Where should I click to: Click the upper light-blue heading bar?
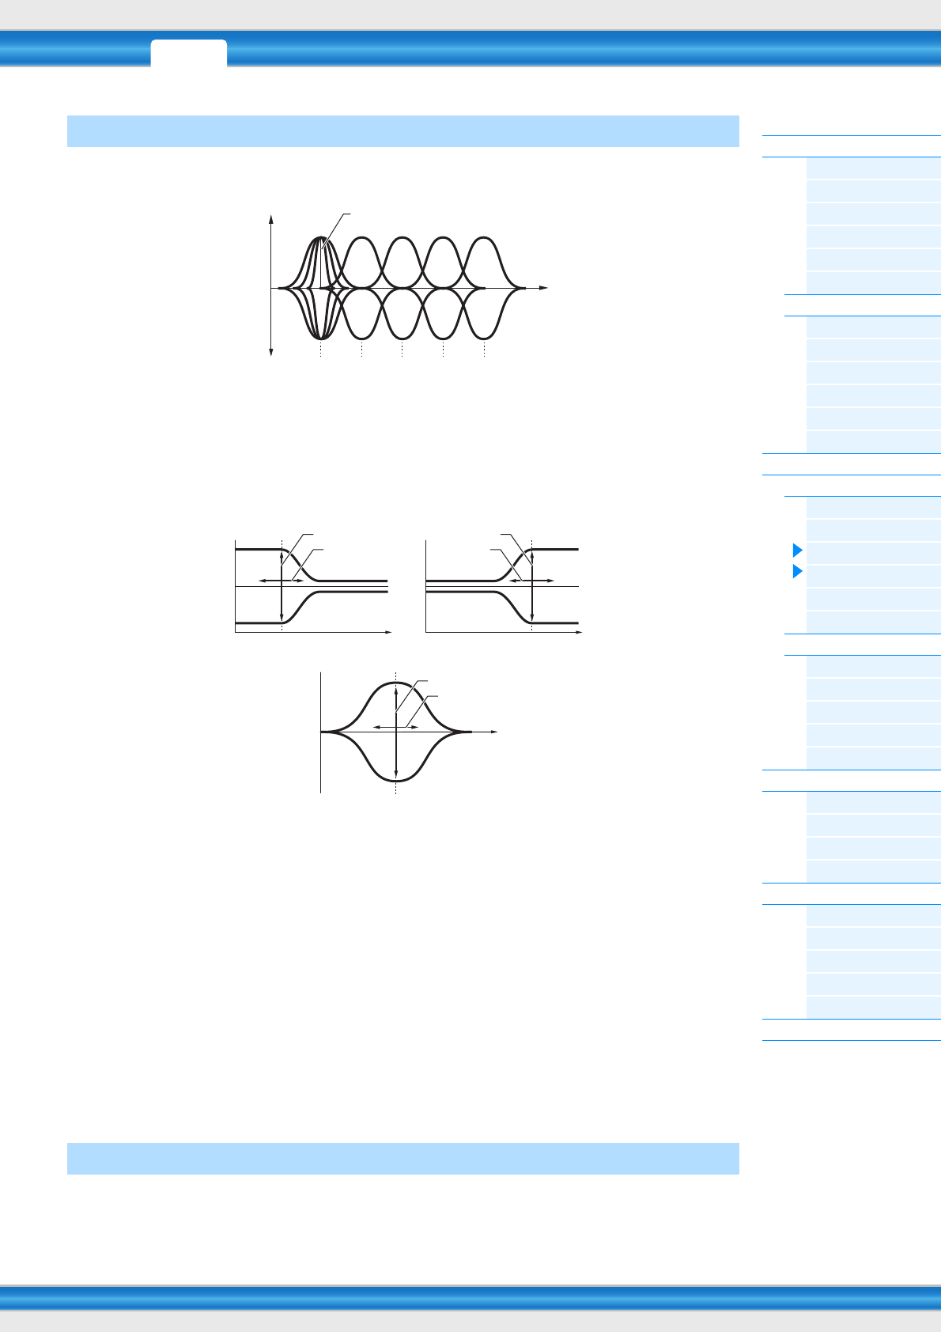coord(402,131)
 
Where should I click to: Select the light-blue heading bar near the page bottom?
coord(402,1158)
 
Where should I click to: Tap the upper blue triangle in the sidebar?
coord(797,550)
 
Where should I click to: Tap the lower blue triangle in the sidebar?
coord(797,571)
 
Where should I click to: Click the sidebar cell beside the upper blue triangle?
coord(873,553)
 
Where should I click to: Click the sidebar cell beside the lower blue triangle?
coord(873,576)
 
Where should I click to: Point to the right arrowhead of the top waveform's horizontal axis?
coord(545,288)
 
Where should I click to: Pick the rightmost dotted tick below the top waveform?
coord(484,350)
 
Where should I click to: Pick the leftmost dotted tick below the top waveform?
coord(320,350)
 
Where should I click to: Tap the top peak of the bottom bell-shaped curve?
coord(395,682)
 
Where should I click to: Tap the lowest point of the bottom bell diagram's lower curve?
coord(395,781)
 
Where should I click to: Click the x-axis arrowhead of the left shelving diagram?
coord(389,633)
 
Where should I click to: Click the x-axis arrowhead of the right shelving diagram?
coord(580,633)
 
